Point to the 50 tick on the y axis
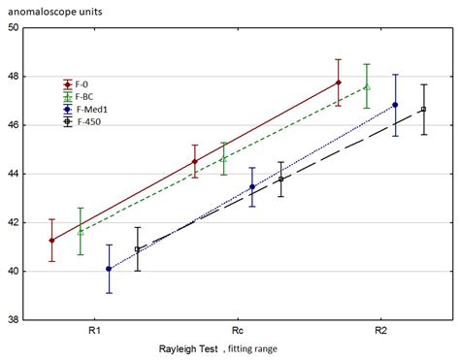pos(14,28)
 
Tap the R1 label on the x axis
pos(93,331)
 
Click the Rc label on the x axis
pos(238,331)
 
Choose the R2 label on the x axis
pos(381,331)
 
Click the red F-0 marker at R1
pos(51,240)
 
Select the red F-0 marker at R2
pos(338,82)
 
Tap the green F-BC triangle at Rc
pos(223,159)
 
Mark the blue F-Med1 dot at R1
pos(109,269)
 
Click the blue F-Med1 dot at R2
pos(395,105)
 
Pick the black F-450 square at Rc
pos(280,180)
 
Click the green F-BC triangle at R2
pos(366,86)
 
